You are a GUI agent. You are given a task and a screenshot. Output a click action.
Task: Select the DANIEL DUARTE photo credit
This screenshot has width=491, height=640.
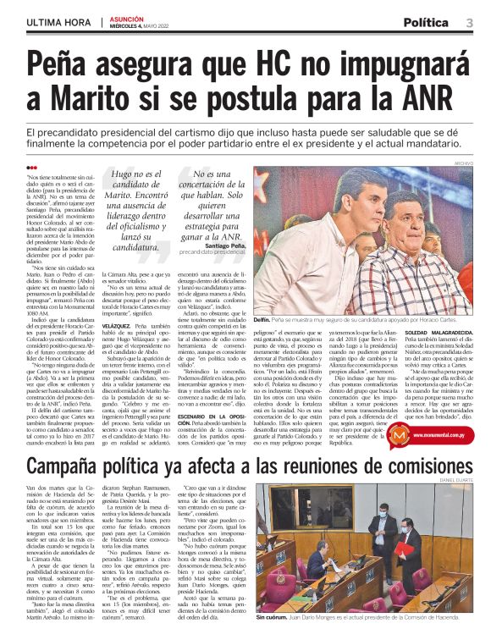tap(461, 483)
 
